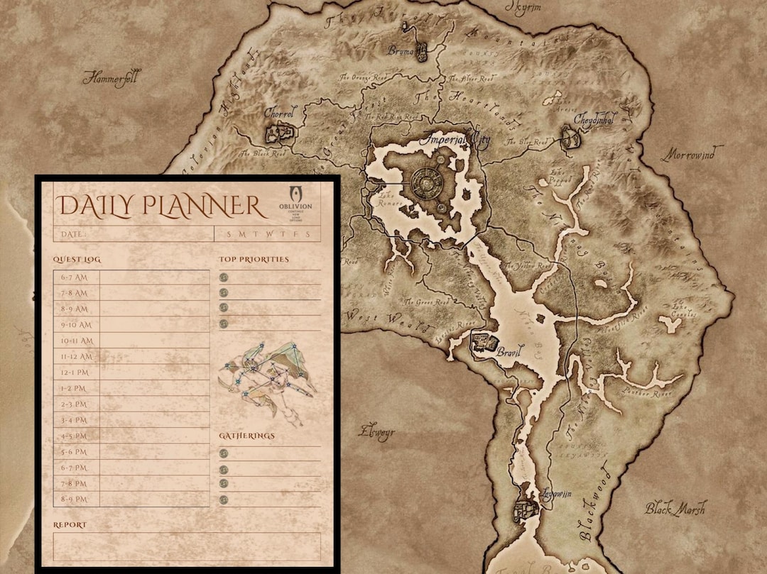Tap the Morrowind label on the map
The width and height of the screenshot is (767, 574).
pyautogui.click(x=692, y=154)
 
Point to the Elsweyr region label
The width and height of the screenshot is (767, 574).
pyautogui.click(x=376, y=432)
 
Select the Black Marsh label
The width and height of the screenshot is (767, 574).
pyautogui.click(x=675, y=509)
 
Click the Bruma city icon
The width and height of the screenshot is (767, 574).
pyautogui.click(x=420, y=51)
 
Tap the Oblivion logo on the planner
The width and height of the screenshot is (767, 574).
pyautogui.click(x=300, y=204)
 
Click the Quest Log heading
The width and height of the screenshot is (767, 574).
pyautogui.click(x=77, y=260)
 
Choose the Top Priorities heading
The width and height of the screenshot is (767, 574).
pyautogui.click(x=254, y=260)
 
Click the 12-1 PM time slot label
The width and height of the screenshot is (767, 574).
pyautogui.click(x=75, y=372)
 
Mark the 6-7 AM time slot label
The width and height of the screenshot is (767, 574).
pyautogui.click(x=75, y=277)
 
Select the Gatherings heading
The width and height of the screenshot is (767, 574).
pyautogui.click(x=246, y=436)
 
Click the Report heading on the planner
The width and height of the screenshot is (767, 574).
pyautogui.click(x=70, y=525)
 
